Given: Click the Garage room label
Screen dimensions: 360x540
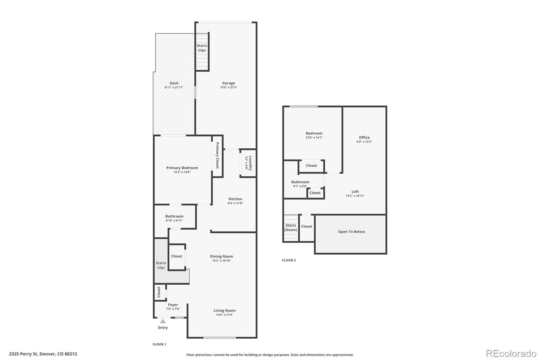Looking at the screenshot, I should [228, 83].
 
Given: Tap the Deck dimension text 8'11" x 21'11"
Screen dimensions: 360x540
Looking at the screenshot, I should [174, 87].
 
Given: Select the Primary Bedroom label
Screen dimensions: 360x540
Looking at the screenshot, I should [182, 168].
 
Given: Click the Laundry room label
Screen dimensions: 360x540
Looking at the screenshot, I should [250, 163].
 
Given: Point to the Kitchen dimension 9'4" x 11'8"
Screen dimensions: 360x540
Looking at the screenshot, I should [235, 203].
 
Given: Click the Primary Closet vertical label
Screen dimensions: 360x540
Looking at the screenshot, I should [217, 155].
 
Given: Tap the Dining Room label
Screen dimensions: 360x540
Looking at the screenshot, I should [221, 256].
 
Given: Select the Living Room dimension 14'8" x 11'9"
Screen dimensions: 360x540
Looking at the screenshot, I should [224, 315].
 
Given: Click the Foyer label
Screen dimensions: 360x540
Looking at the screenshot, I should [173, 305].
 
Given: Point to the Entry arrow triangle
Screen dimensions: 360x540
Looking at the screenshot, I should [163, 321].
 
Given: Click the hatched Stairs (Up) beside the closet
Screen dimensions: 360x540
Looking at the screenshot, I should [161, 265].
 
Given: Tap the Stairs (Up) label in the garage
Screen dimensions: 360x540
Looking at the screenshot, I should [202, 48].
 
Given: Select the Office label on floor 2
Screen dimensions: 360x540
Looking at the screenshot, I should [364, 137].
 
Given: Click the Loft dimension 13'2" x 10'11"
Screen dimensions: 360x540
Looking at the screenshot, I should [355, 196].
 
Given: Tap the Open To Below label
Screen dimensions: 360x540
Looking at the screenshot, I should [351, 232].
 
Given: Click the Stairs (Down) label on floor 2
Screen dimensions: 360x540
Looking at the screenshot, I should [291, 228].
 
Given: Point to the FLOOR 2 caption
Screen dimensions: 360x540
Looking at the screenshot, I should [289, 260].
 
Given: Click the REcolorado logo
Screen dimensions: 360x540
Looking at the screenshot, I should [511, 354].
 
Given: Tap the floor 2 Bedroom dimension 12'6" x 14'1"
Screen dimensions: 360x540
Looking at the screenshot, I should [314, 138].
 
